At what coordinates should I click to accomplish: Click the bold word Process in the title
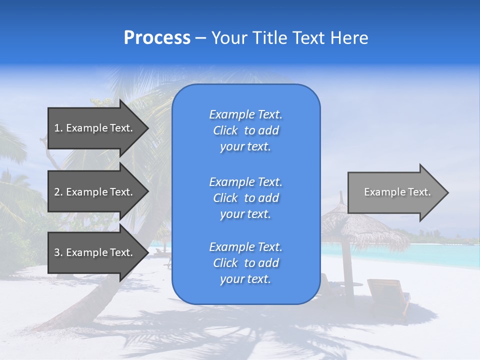pyautogui.click(x=157, y=38)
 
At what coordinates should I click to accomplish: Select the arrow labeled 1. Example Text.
pyautogui.click(x=95, y=128)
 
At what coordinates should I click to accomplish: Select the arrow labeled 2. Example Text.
pyautogui.click(x=95, y=192)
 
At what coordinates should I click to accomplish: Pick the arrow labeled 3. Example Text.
pyautogui.click(x=95, y=252)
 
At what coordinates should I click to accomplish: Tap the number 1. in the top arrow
pyautogui.click(x=58, y=128)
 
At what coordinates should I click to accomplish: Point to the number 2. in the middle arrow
pyautogui.click(x=58, y=192)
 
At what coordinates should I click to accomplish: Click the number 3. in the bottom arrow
pyautogui.click(x=58, y=252)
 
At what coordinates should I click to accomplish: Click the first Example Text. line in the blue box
pyautogui.click(x=245, y=114)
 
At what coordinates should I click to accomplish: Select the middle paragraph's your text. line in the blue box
pyautogui.click(x=245, y=214)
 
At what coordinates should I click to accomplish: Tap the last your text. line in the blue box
pyautogui.click(x=245, y=279)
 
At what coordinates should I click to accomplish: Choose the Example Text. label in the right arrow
pyautogui.click(x=397, y=192)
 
